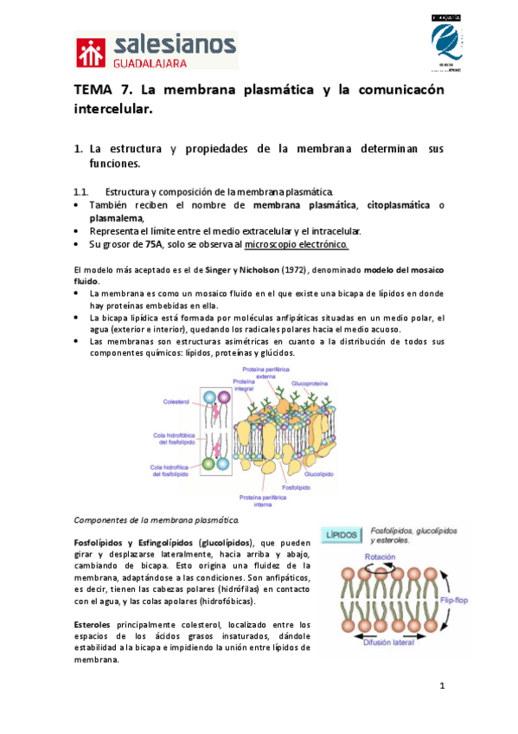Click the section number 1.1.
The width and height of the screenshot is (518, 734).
(x=81, y=191)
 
